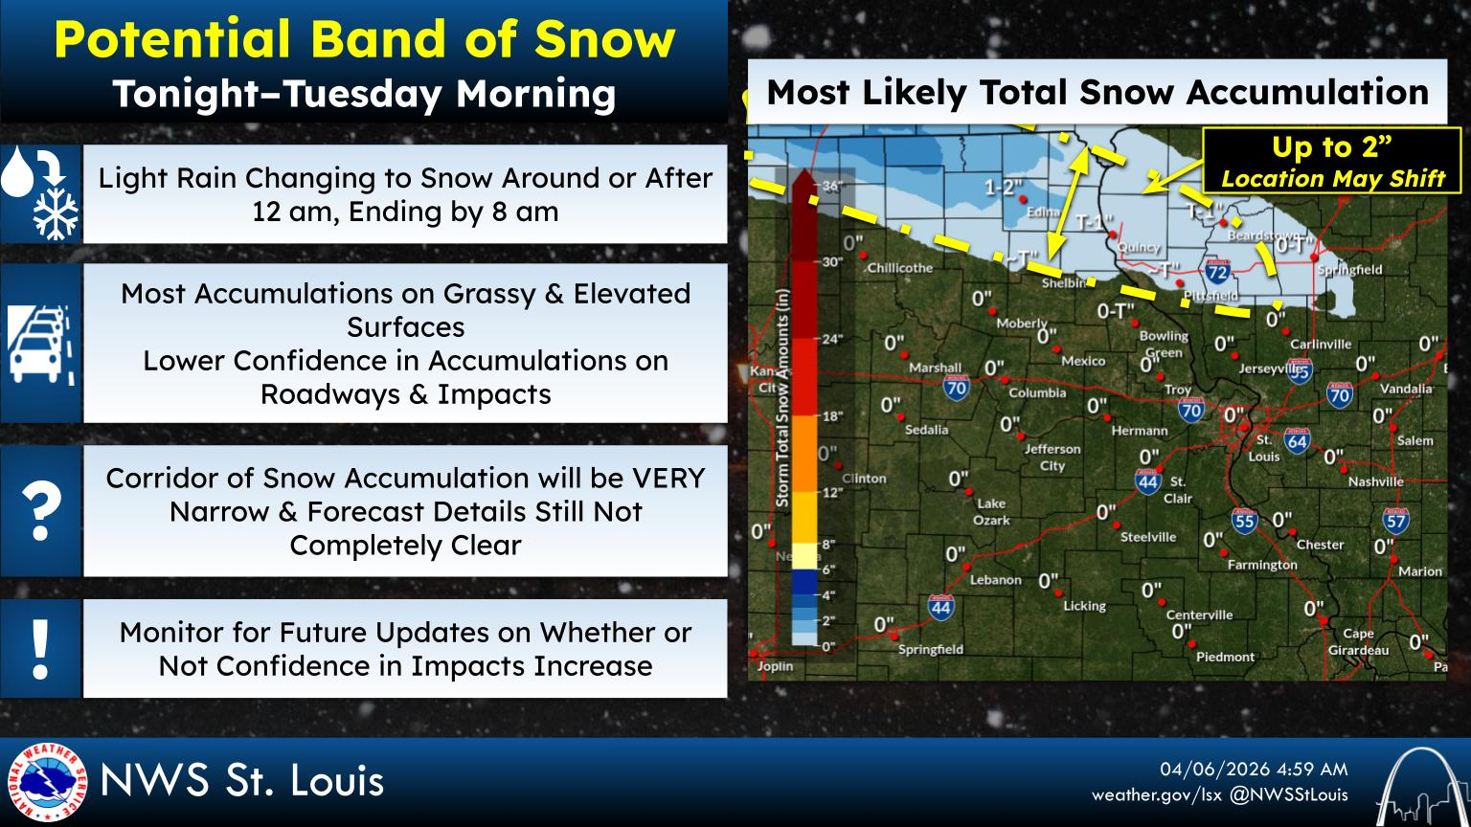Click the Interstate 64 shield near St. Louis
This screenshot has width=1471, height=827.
pos(1297,440)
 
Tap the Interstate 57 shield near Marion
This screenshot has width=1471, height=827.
pos(1395,520)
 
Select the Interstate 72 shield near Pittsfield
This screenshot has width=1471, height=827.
pos(1217,272)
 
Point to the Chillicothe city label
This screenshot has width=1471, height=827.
pos(899,268)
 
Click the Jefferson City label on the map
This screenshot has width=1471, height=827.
pos(1052,457)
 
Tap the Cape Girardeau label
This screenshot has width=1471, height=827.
pos(1358,641)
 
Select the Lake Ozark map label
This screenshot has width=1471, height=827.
pos(991,511)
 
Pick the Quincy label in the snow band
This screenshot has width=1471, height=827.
pos(1139,247)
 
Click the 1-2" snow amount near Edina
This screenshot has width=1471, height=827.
pos(1004,188)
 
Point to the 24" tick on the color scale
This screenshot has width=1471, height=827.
pos(829,339)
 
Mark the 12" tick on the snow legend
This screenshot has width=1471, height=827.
pos(829,492)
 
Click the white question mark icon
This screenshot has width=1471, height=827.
pos(40,511)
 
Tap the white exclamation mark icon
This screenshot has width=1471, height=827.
pos(40,648)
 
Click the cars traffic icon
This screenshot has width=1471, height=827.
pos(40,344)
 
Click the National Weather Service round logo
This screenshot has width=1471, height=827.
pos(46,782)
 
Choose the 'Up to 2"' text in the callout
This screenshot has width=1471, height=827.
pos(1331,147)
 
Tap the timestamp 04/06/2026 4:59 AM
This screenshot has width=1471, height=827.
pos(1254,770)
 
